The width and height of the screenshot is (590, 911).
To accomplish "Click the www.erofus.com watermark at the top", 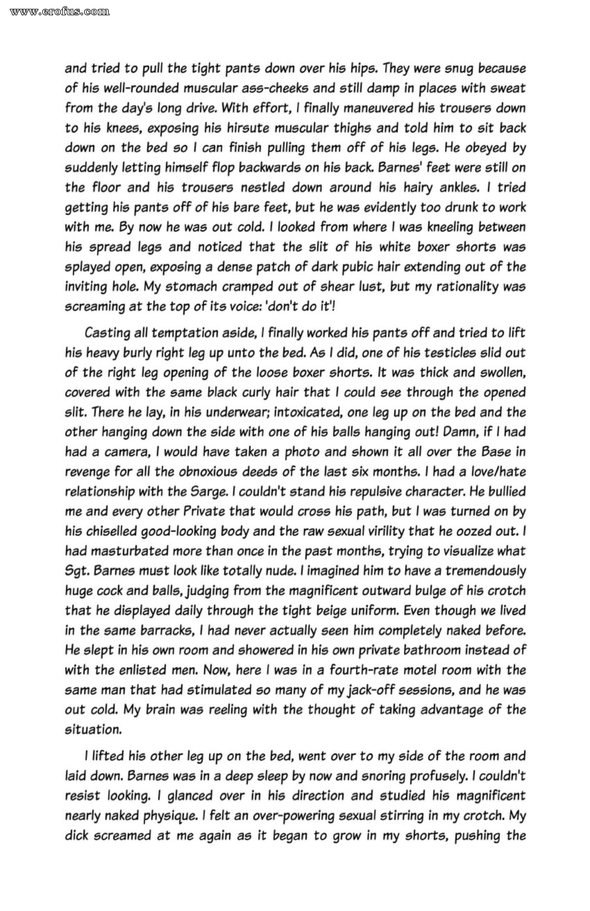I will pyautogui.click(x=59, y=10).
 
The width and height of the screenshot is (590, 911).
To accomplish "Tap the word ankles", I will pyautogui.click(x=457, y=188).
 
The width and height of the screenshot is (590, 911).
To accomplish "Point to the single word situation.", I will pyautogui.click(x=93, y=730).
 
